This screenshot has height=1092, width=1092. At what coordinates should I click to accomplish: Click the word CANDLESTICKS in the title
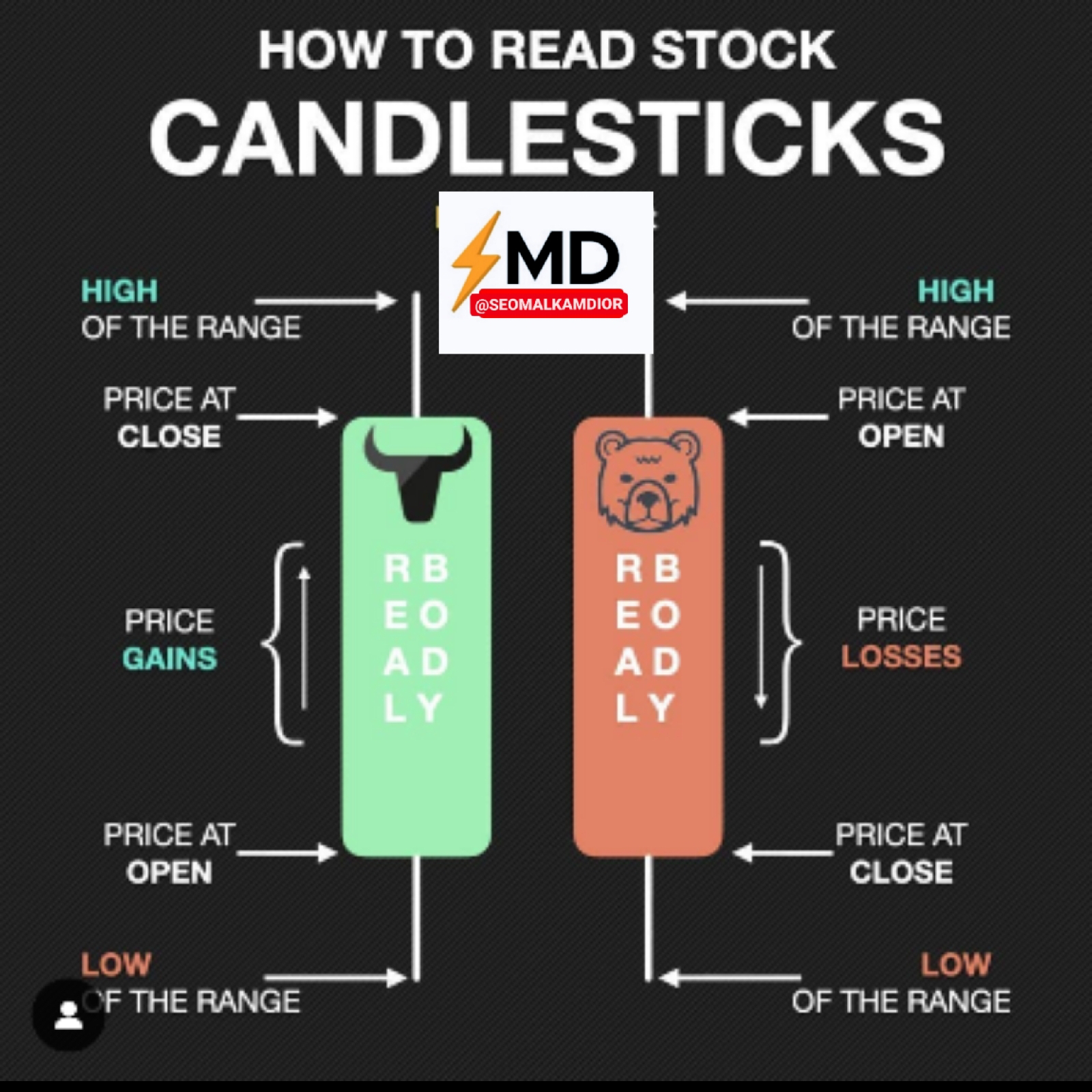(546, 136)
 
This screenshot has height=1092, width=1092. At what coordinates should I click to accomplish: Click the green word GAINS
(169, 659)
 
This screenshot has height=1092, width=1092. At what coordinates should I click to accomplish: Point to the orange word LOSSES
(901, 657)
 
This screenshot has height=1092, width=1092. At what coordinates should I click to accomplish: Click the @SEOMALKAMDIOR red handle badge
(549, 304)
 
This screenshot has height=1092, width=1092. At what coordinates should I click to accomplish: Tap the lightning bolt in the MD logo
(475, 259)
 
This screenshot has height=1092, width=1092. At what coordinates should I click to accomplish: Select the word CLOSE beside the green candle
(169, 437)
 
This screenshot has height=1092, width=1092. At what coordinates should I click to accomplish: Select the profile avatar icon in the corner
(68, 1015)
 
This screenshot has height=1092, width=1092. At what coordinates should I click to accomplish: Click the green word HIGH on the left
(119, 291)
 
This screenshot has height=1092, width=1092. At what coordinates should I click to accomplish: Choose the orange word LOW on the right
(955, 964)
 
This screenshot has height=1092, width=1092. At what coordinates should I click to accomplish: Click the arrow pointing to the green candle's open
(287, 852)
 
